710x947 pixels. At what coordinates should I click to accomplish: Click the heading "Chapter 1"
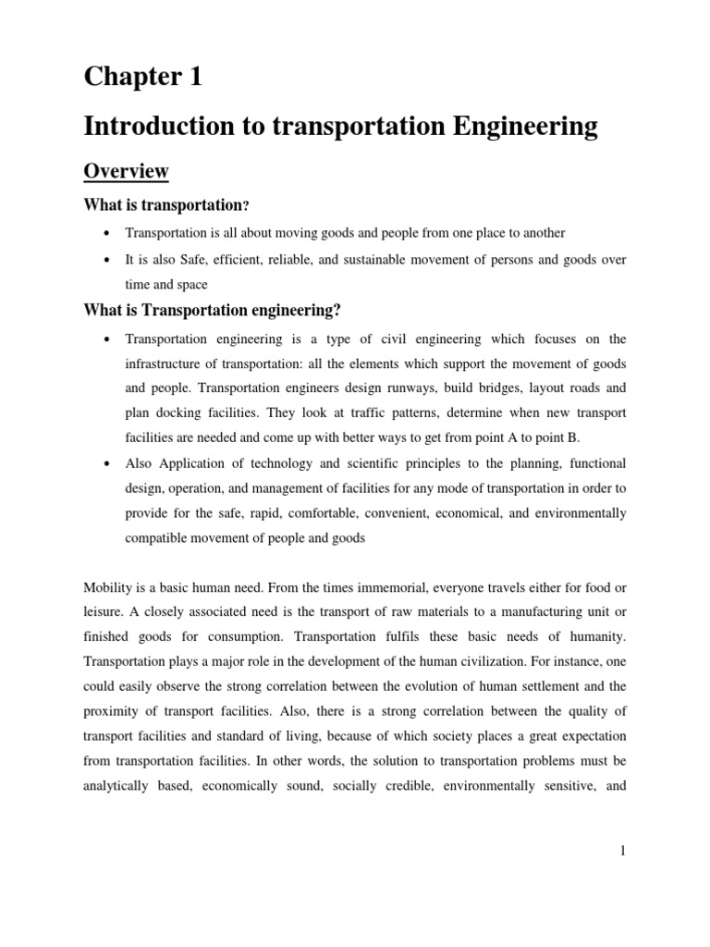(142, 79)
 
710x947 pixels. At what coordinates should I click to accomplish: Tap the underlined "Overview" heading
(126, 171)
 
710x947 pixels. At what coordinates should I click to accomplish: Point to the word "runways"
(400, 387)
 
